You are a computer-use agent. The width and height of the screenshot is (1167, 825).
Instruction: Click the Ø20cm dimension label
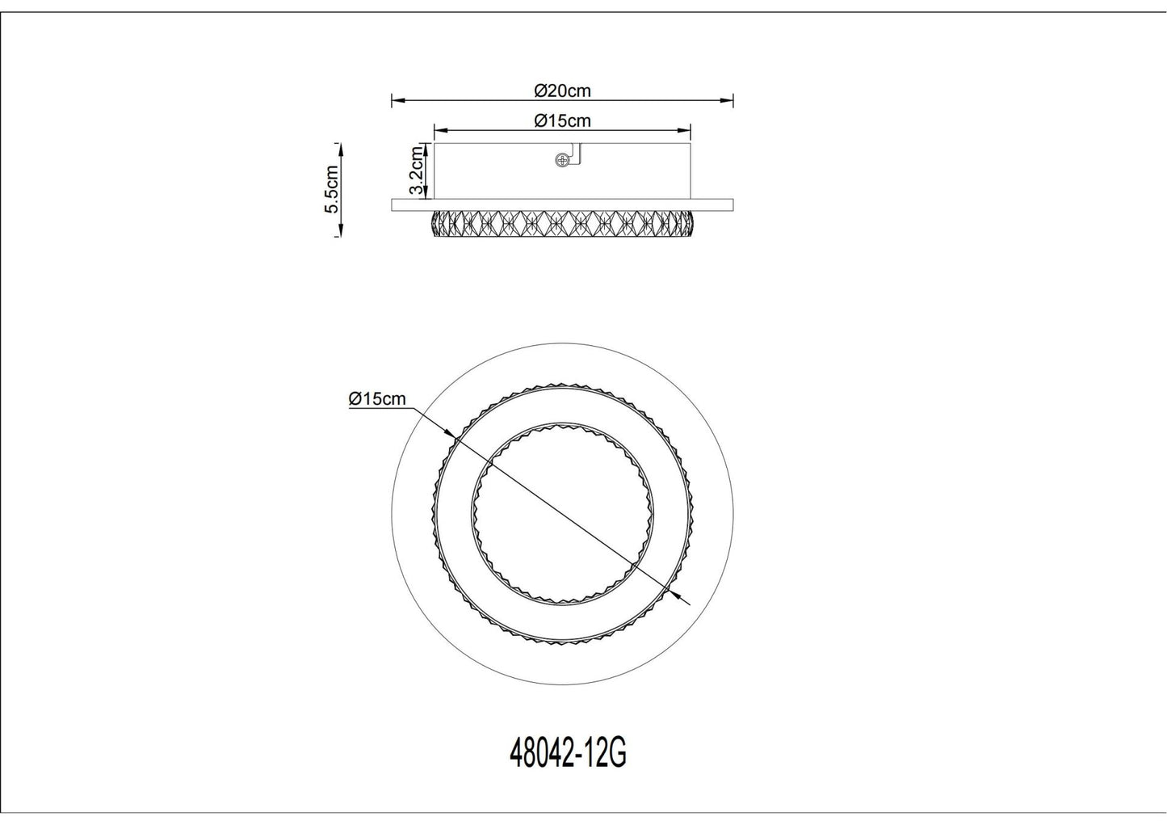click(562, 90)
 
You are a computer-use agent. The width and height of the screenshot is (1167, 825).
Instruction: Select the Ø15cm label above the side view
click(562, 121)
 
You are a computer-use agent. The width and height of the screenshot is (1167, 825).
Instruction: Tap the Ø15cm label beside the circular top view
click(377, 399)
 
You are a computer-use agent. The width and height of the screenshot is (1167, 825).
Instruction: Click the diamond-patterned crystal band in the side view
click(562, 224)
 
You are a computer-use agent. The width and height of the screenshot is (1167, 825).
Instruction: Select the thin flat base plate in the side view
click(562, 205)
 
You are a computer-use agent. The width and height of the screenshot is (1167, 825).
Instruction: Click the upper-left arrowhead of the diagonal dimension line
click(453, 439)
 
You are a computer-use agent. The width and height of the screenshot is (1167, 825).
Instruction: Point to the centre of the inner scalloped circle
click(562, 515)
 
